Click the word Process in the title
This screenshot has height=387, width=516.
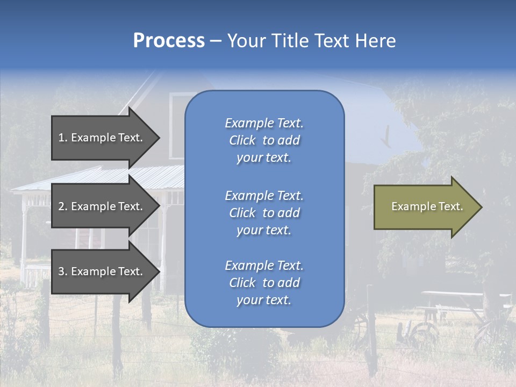click(x=169, y=41)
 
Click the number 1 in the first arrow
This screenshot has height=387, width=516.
click(x=61, y=138)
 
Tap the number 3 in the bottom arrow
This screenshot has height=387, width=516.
click(x=61, y=271)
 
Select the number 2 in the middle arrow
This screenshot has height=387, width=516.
click(x=61, y=206)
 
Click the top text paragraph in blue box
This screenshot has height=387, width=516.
click(x=264, y=140)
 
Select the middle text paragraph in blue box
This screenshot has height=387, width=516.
click(x=264, y=213)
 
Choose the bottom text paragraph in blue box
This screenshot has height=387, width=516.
click(x=264, y=283)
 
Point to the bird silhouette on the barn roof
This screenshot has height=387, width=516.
click(x=386, y=138)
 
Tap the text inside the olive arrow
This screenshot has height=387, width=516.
click(x=427, y=206)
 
